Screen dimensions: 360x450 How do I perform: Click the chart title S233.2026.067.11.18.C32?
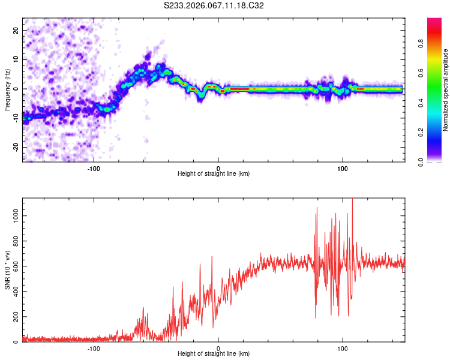[x=214, y=5]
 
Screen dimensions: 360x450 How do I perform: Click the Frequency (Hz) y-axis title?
[x=7, y=90]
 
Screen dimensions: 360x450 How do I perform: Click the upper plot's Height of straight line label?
[x=214, y=174]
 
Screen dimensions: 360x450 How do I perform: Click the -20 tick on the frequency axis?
[x=15, y=148]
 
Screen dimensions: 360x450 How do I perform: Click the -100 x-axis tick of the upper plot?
[x=94, y=169]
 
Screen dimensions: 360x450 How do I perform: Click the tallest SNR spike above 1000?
[x=352, y=200]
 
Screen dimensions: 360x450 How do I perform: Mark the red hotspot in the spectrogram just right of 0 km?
[x=239, y=89]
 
